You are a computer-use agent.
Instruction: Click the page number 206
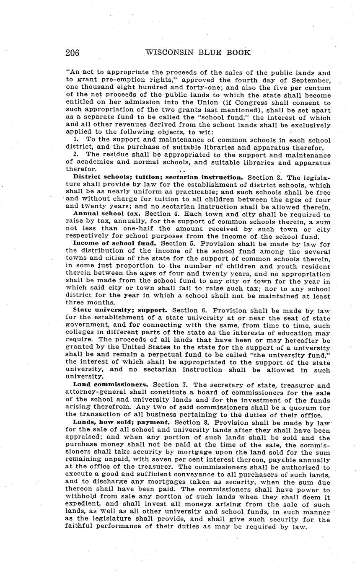click(x=73, y=53)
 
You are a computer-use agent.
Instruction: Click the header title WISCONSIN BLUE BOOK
click(x=198, y=52)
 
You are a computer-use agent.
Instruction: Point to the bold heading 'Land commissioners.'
click(x=111, y=384)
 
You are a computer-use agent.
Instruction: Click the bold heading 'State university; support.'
click(x=120, y=310)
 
